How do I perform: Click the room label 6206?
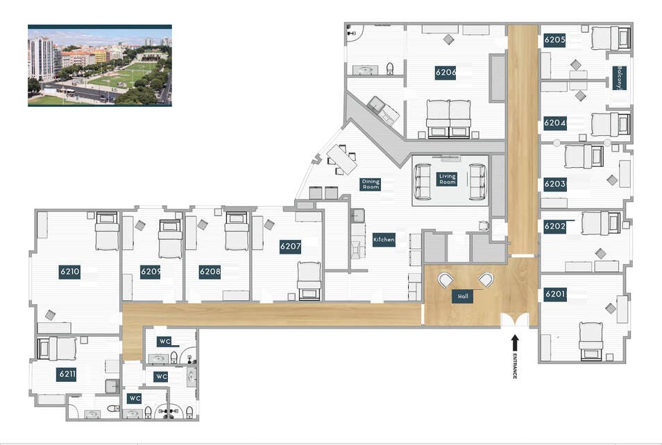point(445,72)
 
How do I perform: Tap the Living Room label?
point(447,179)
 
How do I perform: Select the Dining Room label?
point(371,184)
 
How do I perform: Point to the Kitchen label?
point(384,240)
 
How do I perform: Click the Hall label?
point(463,297)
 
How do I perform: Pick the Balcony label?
point(620,78)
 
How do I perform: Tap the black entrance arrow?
point(514,343)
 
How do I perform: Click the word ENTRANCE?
point(515,366)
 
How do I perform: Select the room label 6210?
point(69,271)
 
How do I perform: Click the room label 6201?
point(554,294)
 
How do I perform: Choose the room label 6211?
point(67,374)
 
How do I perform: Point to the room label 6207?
point(291,247)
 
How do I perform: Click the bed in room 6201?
point(591,341)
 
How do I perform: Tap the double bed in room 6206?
point(448,119)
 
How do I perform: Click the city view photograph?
point(100,65)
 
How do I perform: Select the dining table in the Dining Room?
point(342,159)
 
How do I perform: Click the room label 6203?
point(554,184)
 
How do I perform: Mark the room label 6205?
point(554,40)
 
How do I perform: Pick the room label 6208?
point(210,272)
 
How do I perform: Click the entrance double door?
point(515,320)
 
